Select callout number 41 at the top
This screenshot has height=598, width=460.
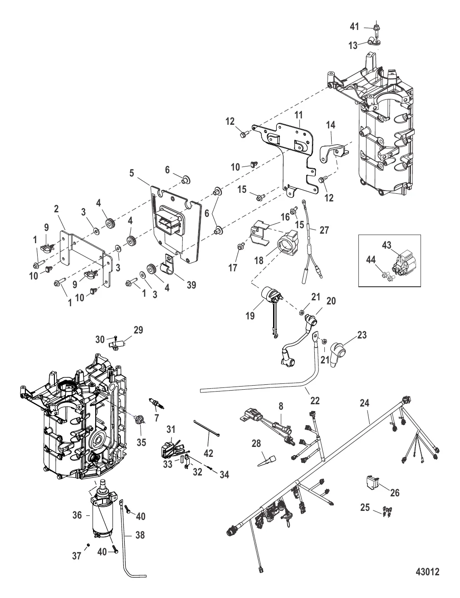354,27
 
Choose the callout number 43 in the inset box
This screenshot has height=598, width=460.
386,245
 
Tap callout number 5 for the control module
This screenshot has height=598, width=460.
131,172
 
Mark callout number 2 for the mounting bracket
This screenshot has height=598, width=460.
56,209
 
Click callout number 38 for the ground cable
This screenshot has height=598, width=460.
140,535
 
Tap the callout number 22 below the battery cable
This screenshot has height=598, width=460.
315,401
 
